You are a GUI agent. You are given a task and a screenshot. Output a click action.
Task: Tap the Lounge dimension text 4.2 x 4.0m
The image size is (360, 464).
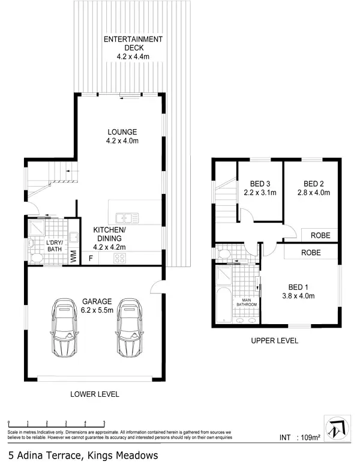122,142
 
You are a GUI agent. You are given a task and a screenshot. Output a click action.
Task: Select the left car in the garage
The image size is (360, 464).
65,328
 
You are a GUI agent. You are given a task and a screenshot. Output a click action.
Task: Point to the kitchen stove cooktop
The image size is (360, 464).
119,259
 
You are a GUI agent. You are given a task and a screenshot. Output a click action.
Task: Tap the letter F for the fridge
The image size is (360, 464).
91,259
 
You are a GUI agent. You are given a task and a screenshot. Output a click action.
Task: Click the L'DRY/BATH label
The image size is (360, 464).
55,246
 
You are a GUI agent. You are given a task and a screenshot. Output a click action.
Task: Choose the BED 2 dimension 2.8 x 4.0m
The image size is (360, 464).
313,193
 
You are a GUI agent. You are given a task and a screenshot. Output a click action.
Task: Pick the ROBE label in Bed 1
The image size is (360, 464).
311,253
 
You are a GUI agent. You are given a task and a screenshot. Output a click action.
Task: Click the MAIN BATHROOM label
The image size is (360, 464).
246,303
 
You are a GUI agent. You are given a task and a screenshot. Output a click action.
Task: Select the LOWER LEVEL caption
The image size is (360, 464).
95,394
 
